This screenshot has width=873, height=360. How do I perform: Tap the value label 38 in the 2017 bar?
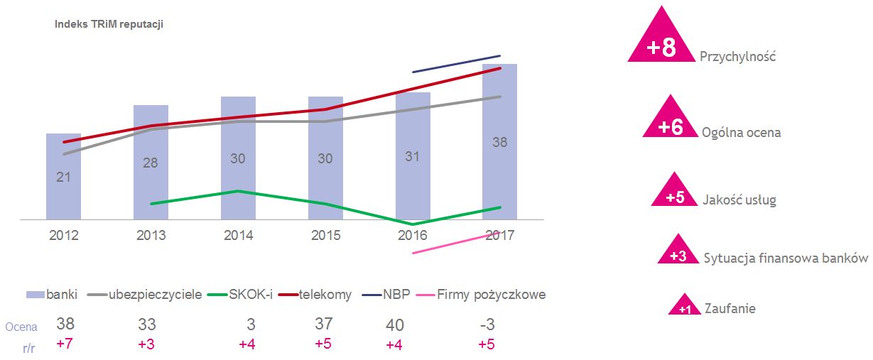(499, 142)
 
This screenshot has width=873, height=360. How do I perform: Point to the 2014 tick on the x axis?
(238, 236)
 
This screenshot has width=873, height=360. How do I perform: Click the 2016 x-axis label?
(413, 236)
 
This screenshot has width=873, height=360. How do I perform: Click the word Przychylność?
(737, 56)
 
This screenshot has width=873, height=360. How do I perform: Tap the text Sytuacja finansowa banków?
(786, 258)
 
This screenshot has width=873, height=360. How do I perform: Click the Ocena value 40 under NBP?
(395, 325)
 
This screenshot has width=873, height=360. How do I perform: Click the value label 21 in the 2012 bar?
(63, 177)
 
